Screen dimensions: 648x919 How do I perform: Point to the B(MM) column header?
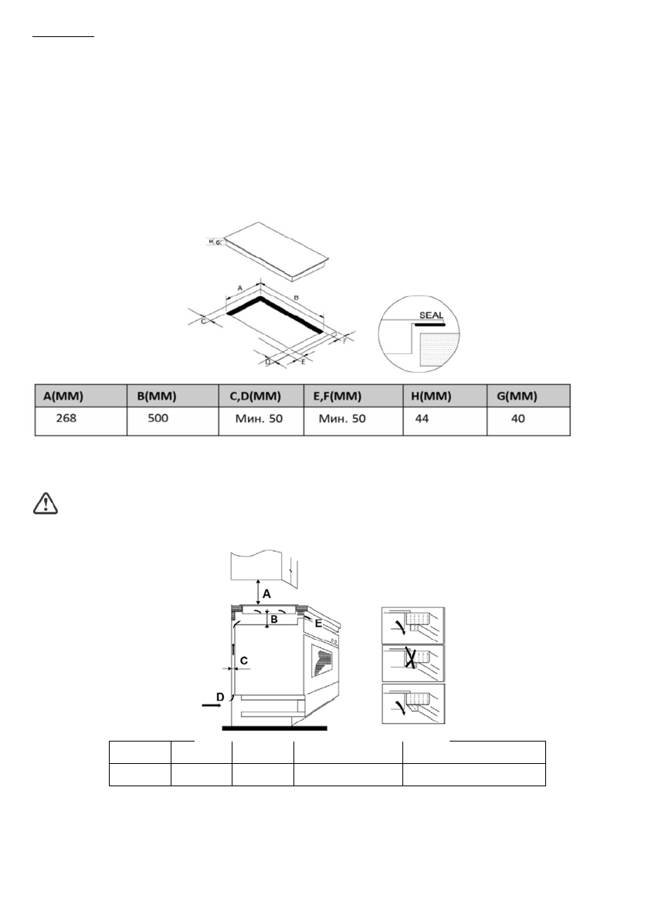158,397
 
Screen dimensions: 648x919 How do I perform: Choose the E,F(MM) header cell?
341,397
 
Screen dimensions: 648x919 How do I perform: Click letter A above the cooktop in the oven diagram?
267,593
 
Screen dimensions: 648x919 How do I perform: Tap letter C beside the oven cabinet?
243,661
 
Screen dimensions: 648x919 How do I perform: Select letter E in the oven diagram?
318,622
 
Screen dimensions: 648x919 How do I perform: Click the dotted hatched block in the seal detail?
439,348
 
